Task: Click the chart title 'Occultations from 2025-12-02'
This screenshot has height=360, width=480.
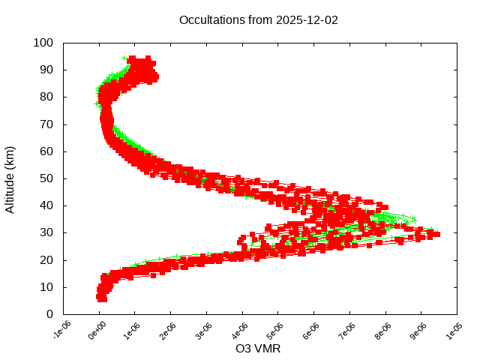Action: (259, 20)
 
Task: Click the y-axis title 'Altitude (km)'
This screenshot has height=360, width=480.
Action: (10, 178)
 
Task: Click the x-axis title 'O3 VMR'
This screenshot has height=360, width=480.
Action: (259, 348)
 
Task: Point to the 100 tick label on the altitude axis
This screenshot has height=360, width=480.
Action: (43, 43)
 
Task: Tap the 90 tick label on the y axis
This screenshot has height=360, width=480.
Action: (46, 70)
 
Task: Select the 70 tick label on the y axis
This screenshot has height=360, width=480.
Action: (46, 124)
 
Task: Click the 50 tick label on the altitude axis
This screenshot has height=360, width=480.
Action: (46, 178)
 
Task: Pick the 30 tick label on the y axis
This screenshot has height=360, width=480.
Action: (46, 232)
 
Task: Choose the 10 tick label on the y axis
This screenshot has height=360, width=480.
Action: (46, 287)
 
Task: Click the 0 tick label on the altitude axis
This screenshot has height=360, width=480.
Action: (49, 314)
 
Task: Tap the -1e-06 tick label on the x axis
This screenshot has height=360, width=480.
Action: (61, 331)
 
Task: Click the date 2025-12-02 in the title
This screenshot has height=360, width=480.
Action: (308, 20)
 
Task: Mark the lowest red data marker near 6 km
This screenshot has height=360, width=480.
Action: (102, 298)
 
